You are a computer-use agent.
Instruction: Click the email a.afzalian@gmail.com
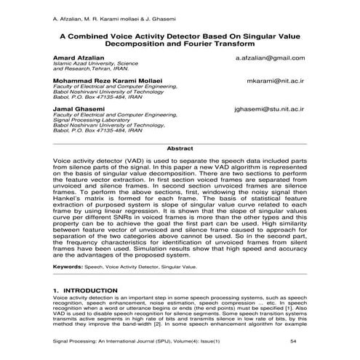click(x=270, y=57)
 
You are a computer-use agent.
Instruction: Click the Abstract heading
click(x=180, y=148)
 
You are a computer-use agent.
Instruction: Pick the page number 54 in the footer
click(x=292, y=341)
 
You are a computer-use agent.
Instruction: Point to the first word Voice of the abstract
click(x=65, y=160)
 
